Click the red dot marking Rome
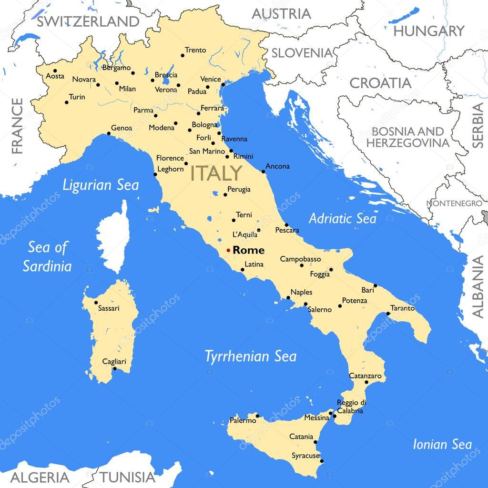[x=228, y=250]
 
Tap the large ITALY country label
[x=216, y=173]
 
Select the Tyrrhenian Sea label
[x=251, y=356]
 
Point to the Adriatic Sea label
[x=342, y=219]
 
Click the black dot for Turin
[x=66, y=102]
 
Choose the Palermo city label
[x=243, y=420]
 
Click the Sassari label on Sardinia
[x=109, y=308]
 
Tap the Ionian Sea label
[x=442, y=445]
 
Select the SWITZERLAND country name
[x=89, y=21]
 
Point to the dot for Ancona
[x=264, y=172]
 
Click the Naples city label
[x=301, y=292]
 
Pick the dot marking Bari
[x=375, y=286]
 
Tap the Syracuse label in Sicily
[x=305, y=456]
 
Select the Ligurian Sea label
[x=101, y=185]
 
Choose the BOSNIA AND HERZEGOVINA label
[x=408, y=137]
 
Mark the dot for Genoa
[x=109, y=133]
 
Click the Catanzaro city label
[x=366, y=376]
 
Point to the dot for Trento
[x=182, y=56]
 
